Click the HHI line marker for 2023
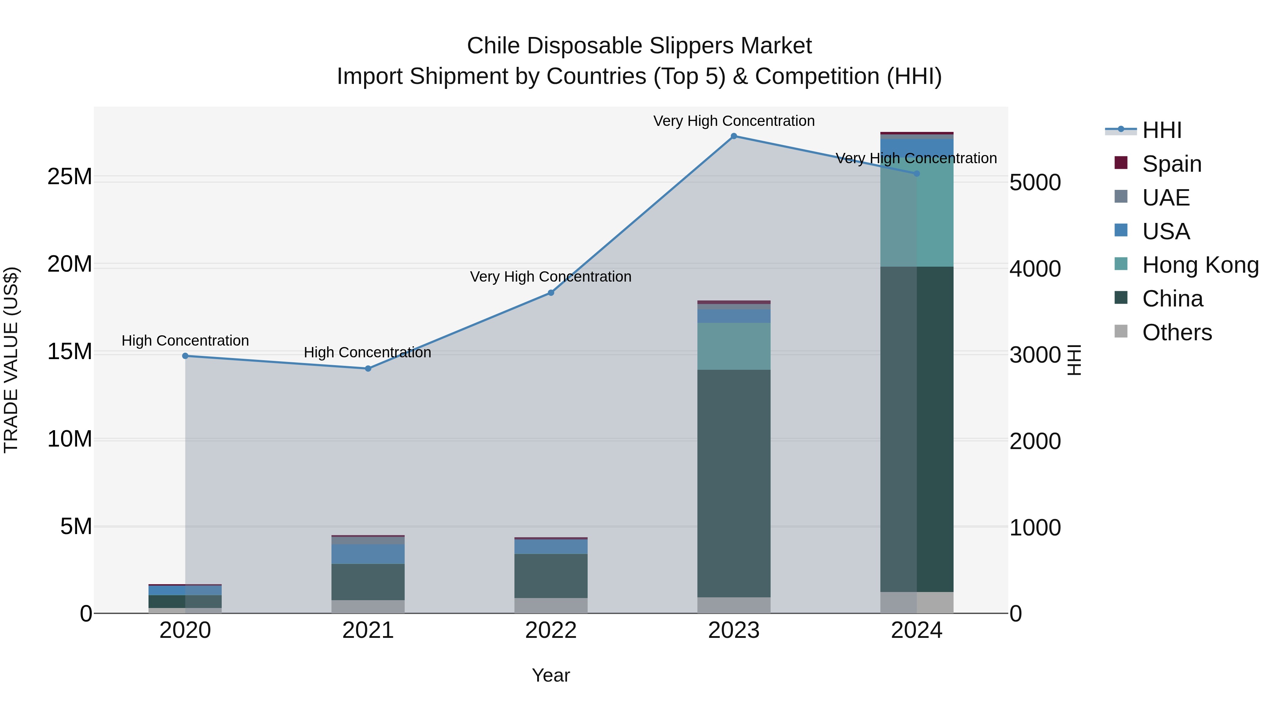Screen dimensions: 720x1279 coord(733,136)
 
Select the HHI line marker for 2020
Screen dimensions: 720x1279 coord(185,356)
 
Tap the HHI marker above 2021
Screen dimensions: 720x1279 coord(368,369)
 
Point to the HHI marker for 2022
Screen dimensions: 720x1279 coord(551,293)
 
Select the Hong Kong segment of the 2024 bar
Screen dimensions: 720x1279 coord(917,214)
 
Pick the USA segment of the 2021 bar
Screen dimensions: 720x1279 coord(368,554)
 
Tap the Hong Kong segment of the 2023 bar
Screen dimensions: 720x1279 coord(733,346)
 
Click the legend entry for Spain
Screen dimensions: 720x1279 coord(1172,164)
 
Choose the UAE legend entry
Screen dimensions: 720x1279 coord(1166,198)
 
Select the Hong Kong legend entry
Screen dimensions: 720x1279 coord(1200,265)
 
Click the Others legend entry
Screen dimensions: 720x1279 coord(1177,332)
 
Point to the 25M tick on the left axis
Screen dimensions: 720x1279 coord(70,177)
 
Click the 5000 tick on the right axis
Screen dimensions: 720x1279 coord(1035,182)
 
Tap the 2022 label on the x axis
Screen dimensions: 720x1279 coord(551,630)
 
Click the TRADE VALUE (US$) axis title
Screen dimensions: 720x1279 coord(11,360)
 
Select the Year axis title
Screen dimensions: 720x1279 coord(551,675)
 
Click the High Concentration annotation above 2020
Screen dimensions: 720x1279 coord(185,341)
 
